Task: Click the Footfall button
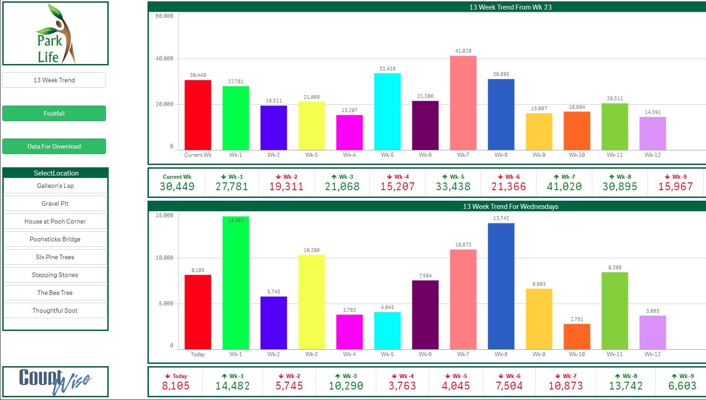(54, 113)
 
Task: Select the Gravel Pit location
(55, 203)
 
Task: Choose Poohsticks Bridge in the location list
(55, 239)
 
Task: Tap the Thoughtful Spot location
(55, 310)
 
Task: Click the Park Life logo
(55, 34)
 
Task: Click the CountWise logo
(55, 381)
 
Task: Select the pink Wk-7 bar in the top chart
(463, 103)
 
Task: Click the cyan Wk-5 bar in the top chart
(387, 112)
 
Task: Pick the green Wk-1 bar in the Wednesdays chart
(236, 283)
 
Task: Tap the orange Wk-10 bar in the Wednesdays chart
(577, 336)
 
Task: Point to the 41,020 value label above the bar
(463, 51)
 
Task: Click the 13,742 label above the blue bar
(501, 218)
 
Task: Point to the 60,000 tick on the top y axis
(164, 16)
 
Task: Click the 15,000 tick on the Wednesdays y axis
(164, 215)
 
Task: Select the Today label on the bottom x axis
(198, 354)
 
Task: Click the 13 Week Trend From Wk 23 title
(510, 7)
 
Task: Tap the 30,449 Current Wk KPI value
(177, 187)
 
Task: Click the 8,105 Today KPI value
(176, 386)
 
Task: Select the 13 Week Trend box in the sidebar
(54, 80)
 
